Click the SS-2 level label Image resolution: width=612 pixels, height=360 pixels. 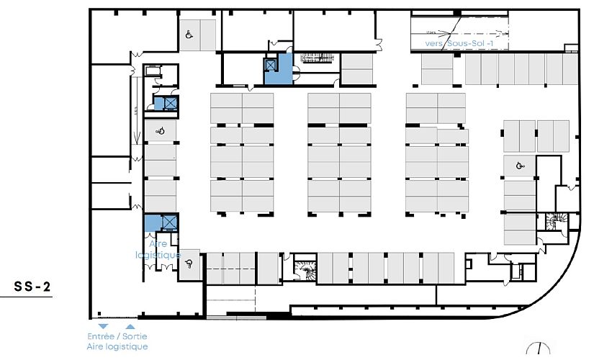coord(32,287)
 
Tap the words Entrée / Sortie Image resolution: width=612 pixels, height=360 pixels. coord(117,336)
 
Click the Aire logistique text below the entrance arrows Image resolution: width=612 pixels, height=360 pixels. coord(117,346)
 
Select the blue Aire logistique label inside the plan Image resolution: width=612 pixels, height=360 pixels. coord(158,249)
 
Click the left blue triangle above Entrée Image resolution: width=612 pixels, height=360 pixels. coord(103,326)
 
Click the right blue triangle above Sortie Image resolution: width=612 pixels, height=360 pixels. coord(130,326)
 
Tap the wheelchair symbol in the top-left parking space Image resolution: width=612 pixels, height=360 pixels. coord(189,35)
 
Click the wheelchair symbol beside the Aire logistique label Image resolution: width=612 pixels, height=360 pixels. coord(190,264)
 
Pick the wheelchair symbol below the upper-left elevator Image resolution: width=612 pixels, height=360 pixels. coord(161,130)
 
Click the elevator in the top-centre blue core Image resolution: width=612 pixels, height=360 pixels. coord(271,65)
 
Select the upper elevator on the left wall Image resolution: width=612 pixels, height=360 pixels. coord(170,103)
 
